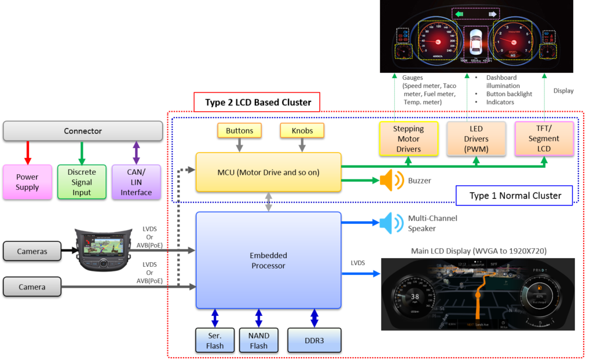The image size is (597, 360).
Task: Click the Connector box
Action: [x=83, y=131]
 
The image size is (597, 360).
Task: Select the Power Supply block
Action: [x=27, y=182]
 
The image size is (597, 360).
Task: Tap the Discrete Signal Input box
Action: [x=82, y=182]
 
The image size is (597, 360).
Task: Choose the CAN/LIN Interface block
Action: [x=136, y=182]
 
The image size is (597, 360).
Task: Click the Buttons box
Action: [x=239, y=130]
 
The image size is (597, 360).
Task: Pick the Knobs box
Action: [x=301, y=130]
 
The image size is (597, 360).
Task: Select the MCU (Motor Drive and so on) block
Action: [x=268, y=172]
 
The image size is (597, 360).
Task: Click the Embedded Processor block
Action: [x=268, y=260]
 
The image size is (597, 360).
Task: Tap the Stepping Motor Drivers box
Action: [x=408, y=139]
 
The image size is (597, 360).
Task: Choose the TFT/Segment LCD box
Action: [x=544, y=139]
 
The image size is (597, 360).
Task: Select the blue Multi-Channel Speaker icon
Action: [x=390, y=223]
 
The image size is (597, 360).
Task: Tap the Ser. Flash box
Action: [x=215, y=340]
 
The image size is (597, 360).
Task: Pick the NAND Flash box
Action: [x=259, y=340]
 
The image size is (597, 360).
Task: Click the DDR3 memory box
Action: [x=314, y=340]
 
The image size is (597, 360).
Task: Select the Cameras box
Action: [x=32, y=252]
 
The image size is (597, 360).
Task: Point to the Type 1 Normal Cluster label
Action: [x=515, y=196]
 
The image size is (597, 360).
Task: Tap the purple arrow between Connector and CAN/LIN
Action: [x=136, y=153]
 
